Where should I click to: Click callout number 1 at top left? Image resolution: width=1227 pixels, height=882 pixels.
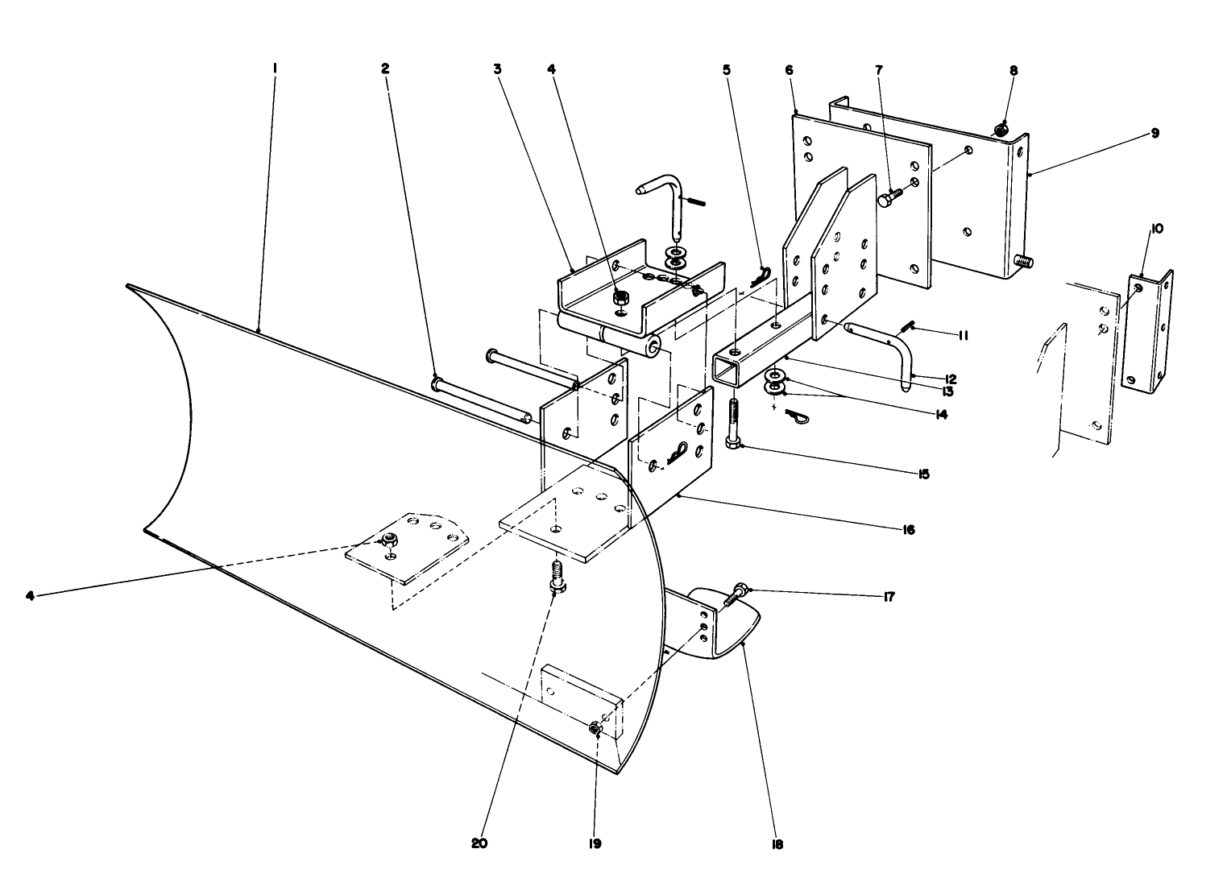pyautogui.click(x=275, y=69)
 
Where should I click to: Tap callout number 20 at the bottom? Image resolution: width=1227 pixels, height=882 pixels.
pyautogui.click(x=479, y=844)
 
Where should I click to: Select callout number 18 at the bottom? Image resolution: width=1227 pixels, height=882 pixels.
pyautogui.click(x=777, y=844)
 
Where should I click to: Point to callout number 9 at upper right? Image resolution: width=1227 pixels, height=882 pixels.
pyautogui.click(x=1154, y=134)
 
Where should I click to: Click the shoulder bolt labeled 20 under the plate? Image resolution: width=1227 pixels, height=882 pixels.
pyautogui.click(x=555, y=577)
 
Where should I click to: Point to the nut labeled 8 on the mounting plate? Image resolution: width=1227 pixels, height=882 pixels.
pyautogui.click(x=1001, y=129)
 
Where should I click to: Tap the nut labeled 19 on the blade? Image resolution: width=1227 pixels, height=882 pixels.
pyautogui.click(x=595, y=728)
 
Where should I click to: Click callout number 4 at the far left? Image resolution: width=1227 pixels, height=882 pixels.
pyautogui.click(x=30, y=596)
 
